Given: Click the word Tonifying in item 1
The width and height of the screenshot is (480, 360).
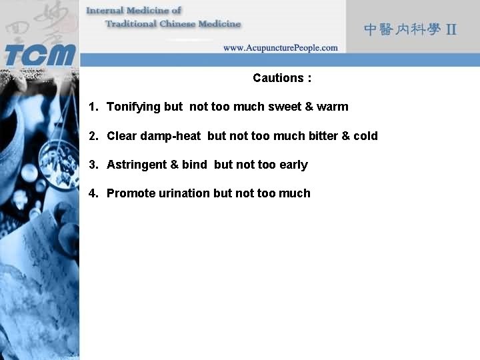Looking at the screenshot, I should click(133, 107).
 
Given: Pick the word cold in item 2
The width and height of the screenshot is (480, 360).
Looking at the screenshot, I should click(365, 136).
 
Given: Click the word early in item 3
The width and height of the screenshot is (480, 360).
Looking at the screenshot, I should click(293, 165).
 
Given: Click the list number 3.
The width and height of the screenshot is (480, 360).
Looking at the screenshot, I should click(93, 165).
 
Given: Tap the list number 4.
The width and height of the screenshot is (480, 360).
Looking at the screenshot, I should click(93, 193).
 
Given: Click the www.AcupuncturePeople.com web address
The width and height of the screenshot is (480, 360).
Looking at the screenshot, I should click(280, 48).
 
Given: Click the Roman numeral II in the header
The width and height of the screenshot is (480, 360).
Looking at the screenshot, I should click(451, 29).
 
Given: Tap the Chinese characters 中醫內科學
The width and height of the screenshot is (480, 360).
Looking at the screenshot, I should click(401, 29).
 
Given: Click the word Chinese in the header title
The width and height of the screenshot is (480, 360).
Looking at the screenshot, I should click(179, 24).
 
